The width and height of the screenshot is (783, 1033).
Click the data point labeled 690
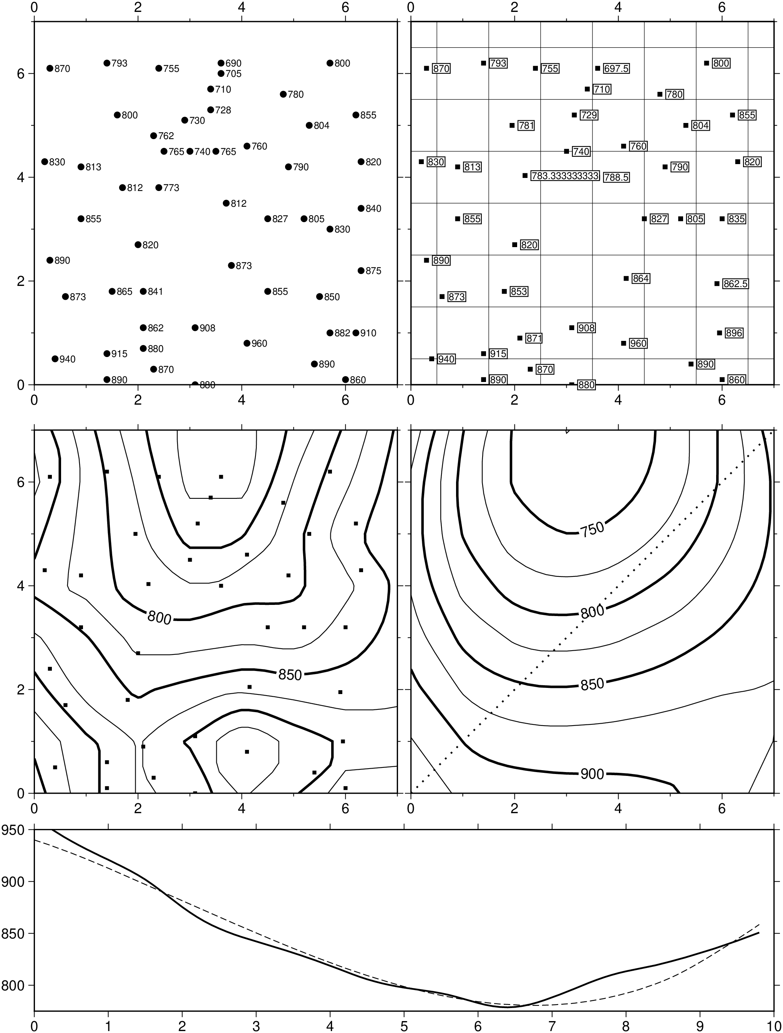tap(221, 63)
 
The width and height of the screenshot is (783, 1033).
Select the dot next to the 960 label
tap(247, 343)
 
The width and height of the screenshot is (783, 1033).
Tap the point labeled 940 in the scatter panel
tap(55, 359)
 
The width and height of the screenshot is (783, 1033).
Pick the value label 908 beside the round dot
tap(207, 328)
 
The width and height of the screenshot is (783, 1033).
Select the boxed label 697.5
tap(616, 69)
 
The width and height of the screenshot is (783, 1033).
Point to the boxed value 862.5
tap(735, 284)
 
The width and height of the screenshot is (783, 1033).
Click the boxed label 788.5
tap(616, 178)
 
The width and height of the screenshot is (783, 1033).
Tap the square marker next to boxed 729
tap(574, 115)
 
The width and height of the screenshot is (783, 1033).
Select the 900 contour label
tap(592, 774)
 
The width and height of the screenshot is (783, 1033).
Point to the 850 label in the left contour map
tap(290, 675)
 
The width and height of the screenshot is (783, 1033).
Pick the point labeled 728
tap(211, 110)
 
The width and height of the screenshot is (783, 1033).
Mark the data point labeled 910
tap(356, 333)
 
